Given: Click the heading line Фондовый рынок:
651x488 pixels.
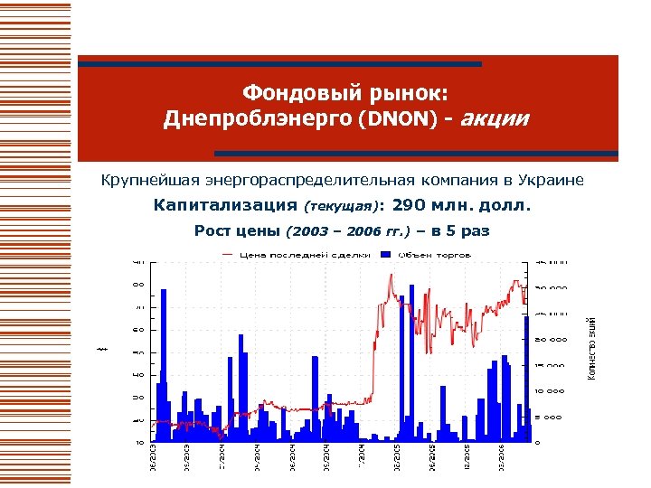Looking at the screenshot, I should [x=352, y=93].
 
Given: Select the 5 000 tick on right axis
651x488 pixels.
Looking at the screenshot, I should [x=550, y=417].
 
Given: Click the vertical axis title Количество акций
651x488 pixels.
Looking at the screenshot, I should [x=591, y=348].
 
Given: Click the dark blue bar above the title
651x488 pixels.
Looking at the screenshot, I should [x=279, y=64].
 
